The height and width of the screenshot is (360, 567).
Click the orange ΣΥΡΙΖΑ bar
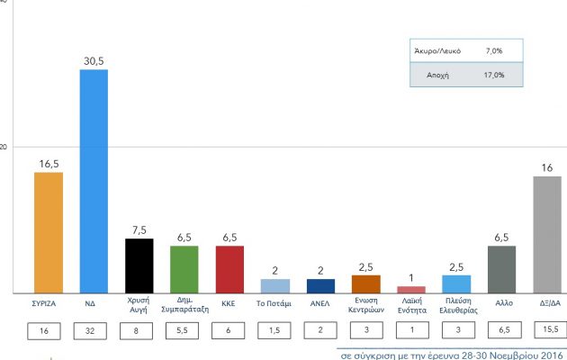tap(48, 232)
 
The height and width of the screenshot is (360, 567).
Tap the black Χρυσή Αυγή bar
tap(139, 265)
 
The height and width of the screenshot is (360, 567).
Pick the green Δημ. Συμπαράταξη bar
tap(184, 269)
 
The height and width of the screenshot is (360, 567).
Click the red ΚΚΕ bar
tap(229, 269)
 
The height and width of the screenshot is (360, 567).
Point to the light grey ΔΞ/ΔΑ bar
tap(547, 234)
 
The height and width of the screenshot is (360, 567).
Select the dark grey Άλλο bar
tap(501, 269)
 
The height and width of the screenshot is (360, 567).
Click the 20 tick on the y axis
tap(4, 148)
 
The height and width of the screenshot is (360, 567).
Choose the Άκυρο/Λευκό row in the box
tap(463, 52)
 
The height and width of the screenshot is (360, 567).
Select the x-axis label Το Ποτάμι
tap(274, 304)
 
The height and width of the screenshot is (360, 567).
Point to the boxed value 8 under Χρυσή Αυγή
tap(139, 331)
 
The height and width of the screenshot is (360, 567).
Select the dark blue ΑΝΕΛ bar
tap(320, 285)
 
